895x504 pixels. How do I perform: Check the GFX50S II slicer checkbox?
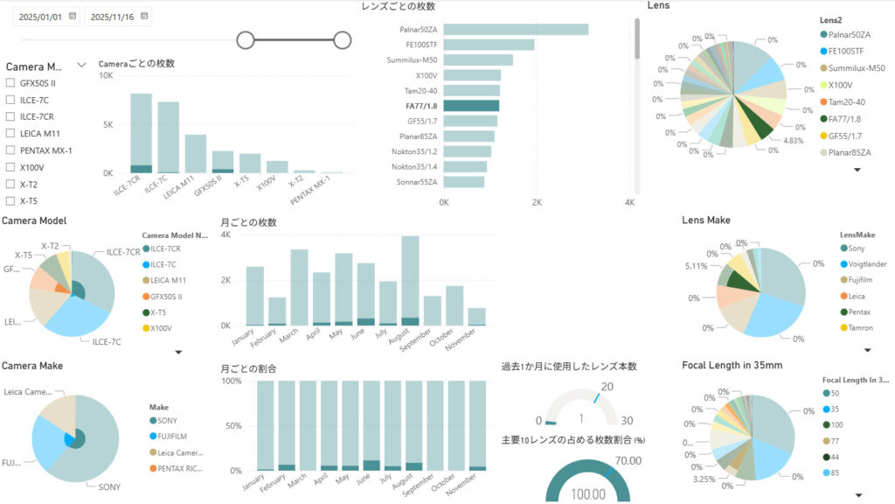point(10,83)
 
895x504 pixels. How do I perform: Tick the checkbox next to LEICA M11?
point(10,133)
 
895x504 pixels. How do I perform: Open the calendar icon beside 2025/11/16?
point(144,16)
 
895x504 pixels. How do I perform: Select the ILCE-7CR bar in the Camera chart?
point(141,131)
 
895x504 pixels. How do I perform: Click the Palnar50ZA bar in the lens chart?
point(516,30)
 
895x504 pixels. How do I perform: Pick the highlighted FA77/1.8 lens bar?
point(470,106)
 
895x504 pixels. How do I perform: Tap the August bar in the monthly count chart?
point(410,280)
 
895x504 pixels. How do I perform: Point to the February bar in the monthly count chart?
point(277,311)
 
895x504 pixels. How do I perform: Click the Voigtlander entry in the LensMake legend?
point(864,263)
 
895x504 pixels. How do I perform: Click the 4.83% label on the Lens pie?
point(792,141)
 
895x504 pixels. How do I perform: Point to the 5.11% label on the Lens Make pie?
point(697,266)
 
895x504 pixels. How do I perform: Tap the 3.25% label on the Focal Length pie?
point(703,480)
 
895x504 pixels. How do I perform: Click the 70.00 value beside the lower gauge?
point(628,460)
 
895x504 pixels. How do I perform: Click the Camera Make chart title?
point(32,366)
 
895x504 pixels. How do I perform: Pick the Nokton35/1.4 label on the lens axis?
point(414,166)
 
